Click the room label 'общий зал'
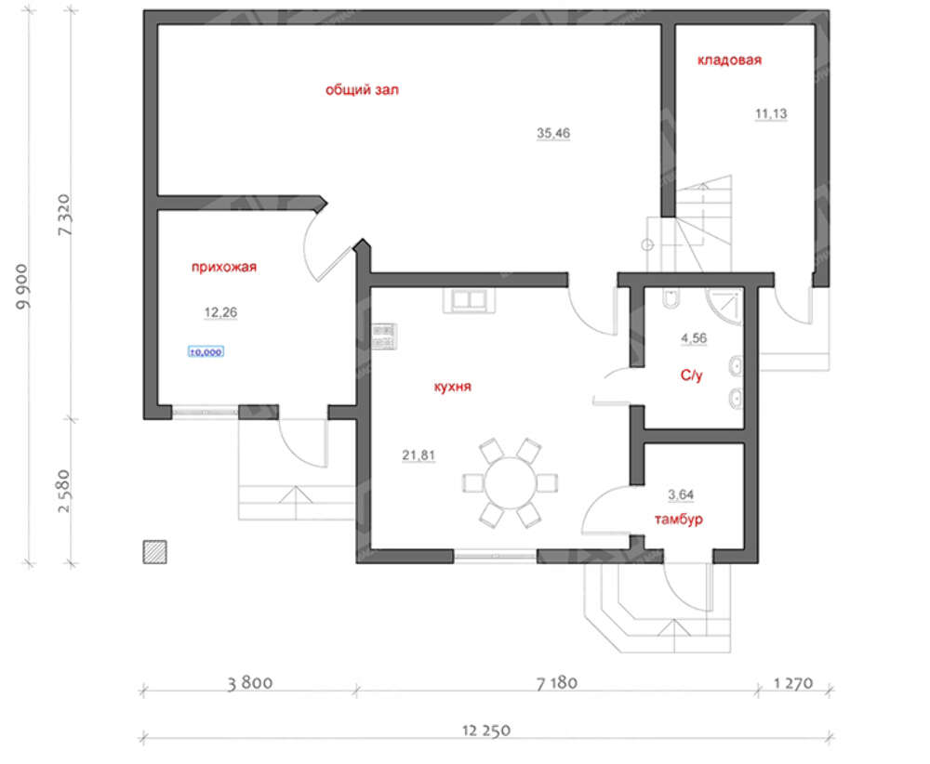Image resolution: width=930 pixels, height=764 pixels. point(362,90)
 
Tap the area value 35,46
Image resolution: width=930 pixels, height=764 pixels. point(553,133)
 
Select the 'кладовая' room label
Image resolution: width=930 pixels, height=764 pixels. point(729,59)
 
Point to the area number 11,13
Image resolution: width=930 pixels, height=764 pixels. point(771,113)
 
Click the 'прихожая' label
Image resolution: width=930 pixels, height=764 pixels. point(223,267)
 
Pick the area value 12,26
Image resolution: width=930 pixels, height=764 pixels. point(220,312)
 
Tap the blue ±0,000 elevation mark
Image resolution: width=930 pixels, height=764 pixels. point(206,352)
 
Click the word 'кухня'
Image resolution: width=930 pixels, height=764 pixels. point(453,387)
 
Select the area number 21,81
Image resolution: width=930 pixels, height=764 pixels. point(418,455)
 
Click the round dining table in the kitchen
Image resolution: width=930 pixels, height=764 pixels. point(510,482)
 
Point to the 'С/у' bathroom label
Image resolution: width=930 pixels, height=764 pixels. point(692,375)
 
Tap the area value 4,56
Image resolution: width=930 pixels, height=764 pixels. point(694,338)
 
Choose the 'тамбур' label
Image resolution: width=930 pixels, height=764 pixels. point(679,520)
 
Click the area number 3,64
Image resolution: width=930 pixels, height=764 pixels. point(681,494)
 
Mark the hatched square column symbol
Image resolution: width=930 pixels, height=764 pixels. point(154,552)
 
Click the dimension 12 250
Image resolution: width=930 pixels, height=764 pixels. point(486,731)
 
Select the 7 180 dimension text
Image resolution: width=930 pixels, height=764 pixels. point(556,683)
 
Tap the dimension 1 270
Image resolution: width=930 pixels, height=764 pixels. point(793,683)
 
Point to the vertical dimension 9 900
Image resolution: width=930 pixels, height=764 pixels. point(22,286)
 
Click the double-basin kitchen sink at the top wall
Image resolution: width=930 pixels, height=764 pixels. point(469,300)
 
